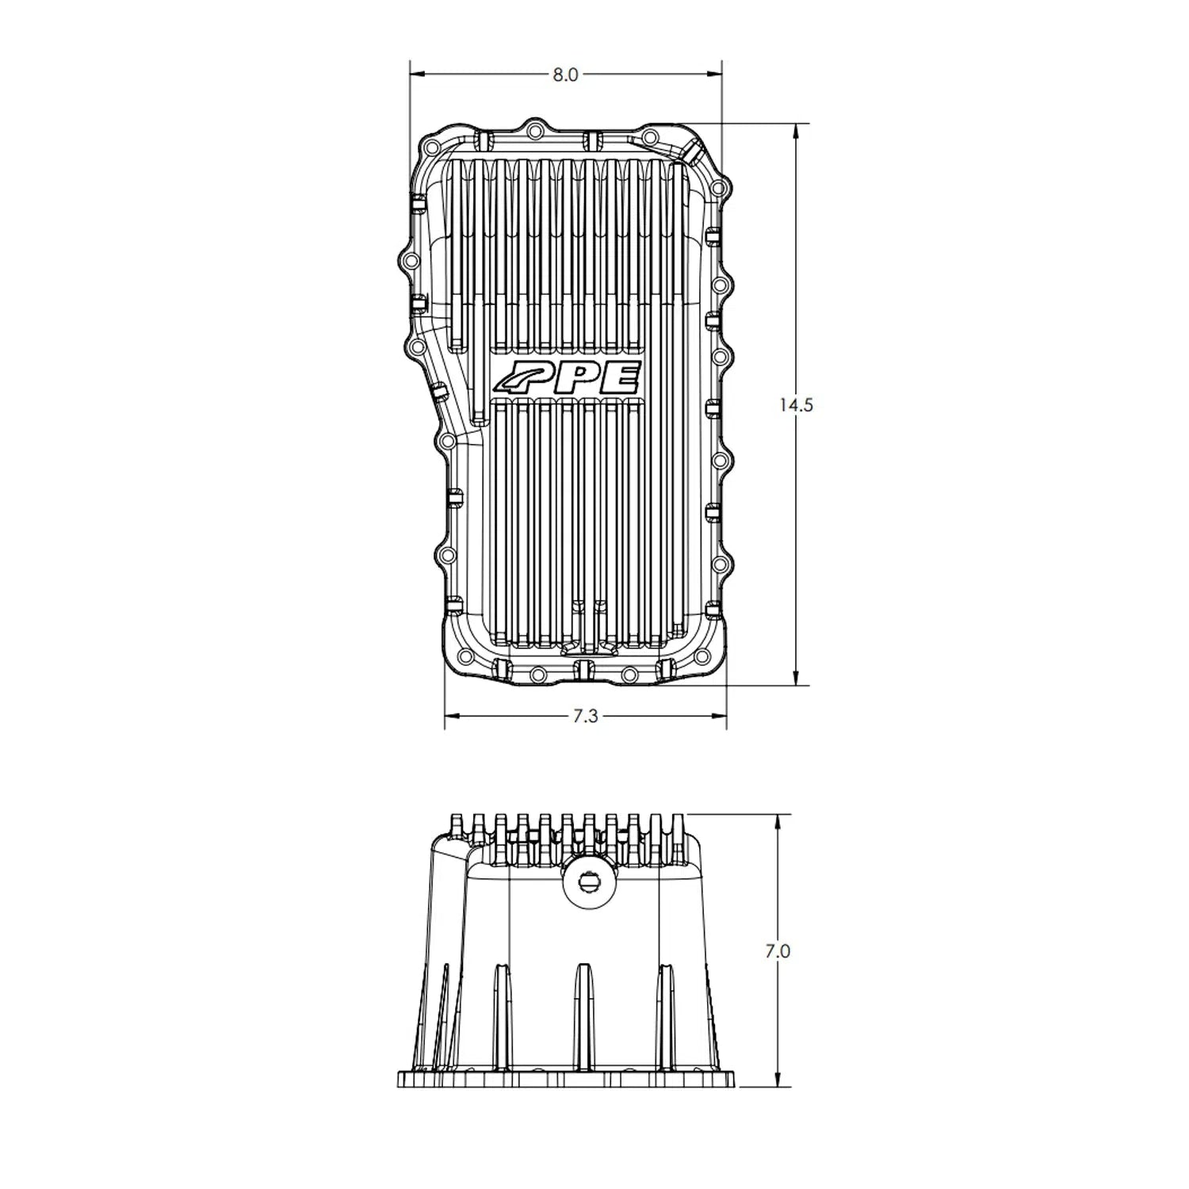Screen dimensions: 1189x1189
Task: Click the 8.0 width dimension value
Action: [566, 75]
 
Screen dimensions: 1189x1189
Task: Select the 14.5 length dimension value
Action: [795, 405]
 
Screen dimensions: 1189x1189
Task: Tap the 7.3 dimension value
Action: [584, 717]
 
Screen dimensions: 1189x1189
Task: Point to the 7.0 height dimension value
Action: [778, 951]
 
